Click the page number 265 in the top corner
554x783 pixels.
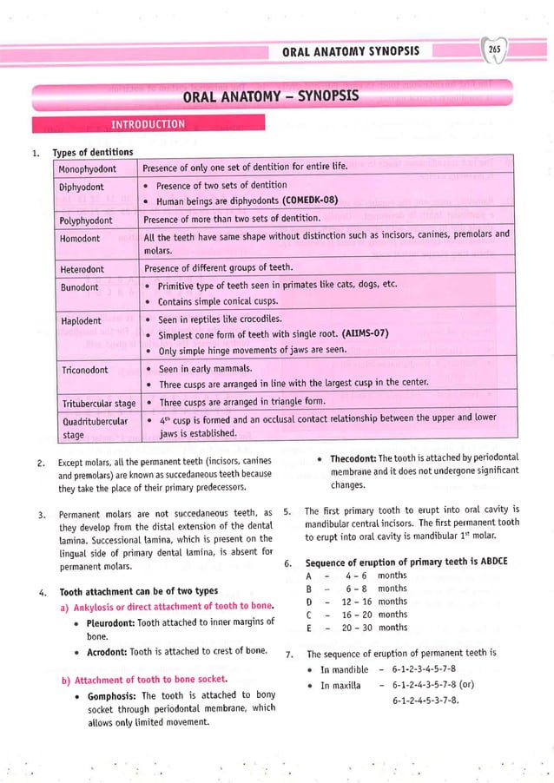pyautogui.click(x=495, y=50)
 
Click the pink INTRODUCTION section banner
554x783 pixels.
pyautogui.click(x=148, y=123)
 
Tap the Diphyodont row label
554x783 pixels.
pyautogui.click(x=82, y=186)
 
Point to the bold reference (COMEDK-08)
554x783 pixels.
pyautogui.click(x=304, y=201)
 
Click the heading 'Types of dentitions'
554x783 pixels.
pyautogui.click(x=93, y=153)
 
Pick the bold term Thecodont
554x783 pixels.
pyautogui.click(x=353, y=457)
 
